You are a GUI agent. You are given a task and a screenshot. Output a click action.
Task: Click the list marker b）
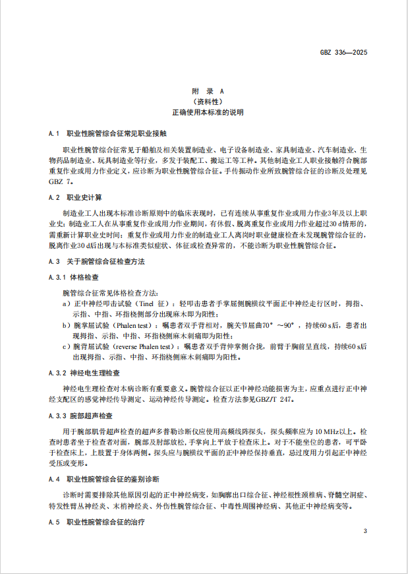tap(66, 326)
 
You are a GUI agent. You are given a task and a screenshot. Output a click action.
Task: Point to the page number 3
tap(364, 531)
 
